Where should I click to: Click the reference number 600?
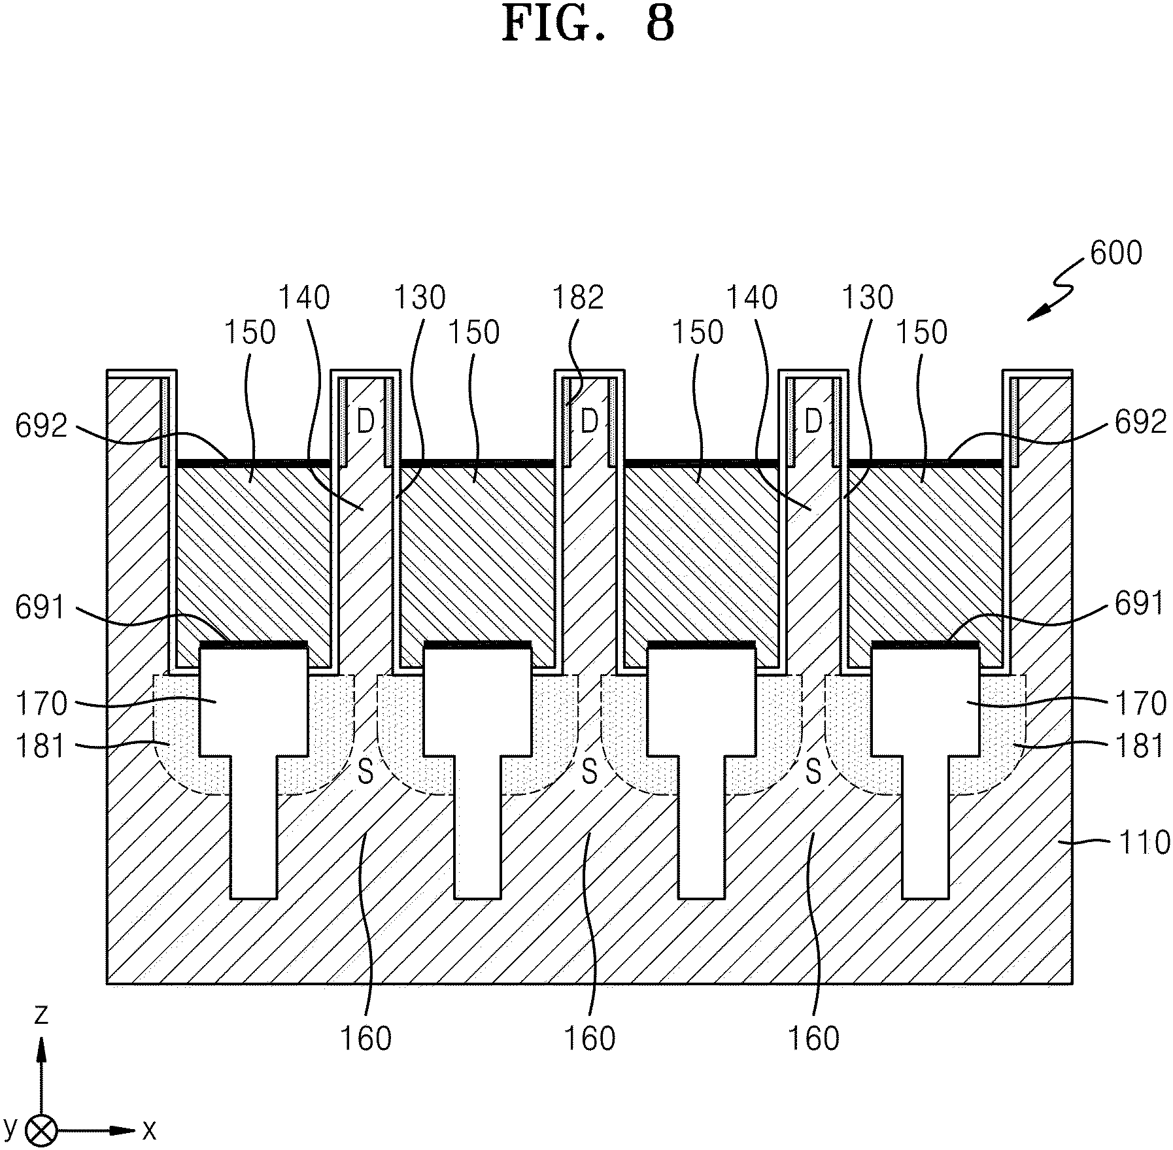[x=1116, y=252]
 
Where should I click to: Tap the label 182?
[x=577, y=297]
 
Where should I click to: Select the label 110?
[x=1144, y=843]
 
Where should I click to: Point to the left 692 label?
[x=42, y=426]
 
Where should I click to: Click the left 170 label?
[x=41, y=703]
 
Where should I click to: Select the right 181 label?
[x=1140, y=745]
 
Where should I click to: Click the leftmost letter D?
[x=365, y=422]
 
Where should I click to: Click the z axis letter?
[x=41, y=1014]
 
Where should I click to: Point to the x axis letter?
[x=149, y=1130]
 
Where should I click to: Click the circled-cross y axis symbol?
[x=41, y=1130]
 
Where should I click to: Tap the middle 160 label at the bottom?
[x=590, y=1038]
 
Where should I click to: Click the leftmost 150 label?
[x=250, y=333]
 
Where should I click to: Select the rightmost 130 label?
[x=867, y=297]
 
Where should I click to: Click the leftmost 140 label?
[x=304, y=297]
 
